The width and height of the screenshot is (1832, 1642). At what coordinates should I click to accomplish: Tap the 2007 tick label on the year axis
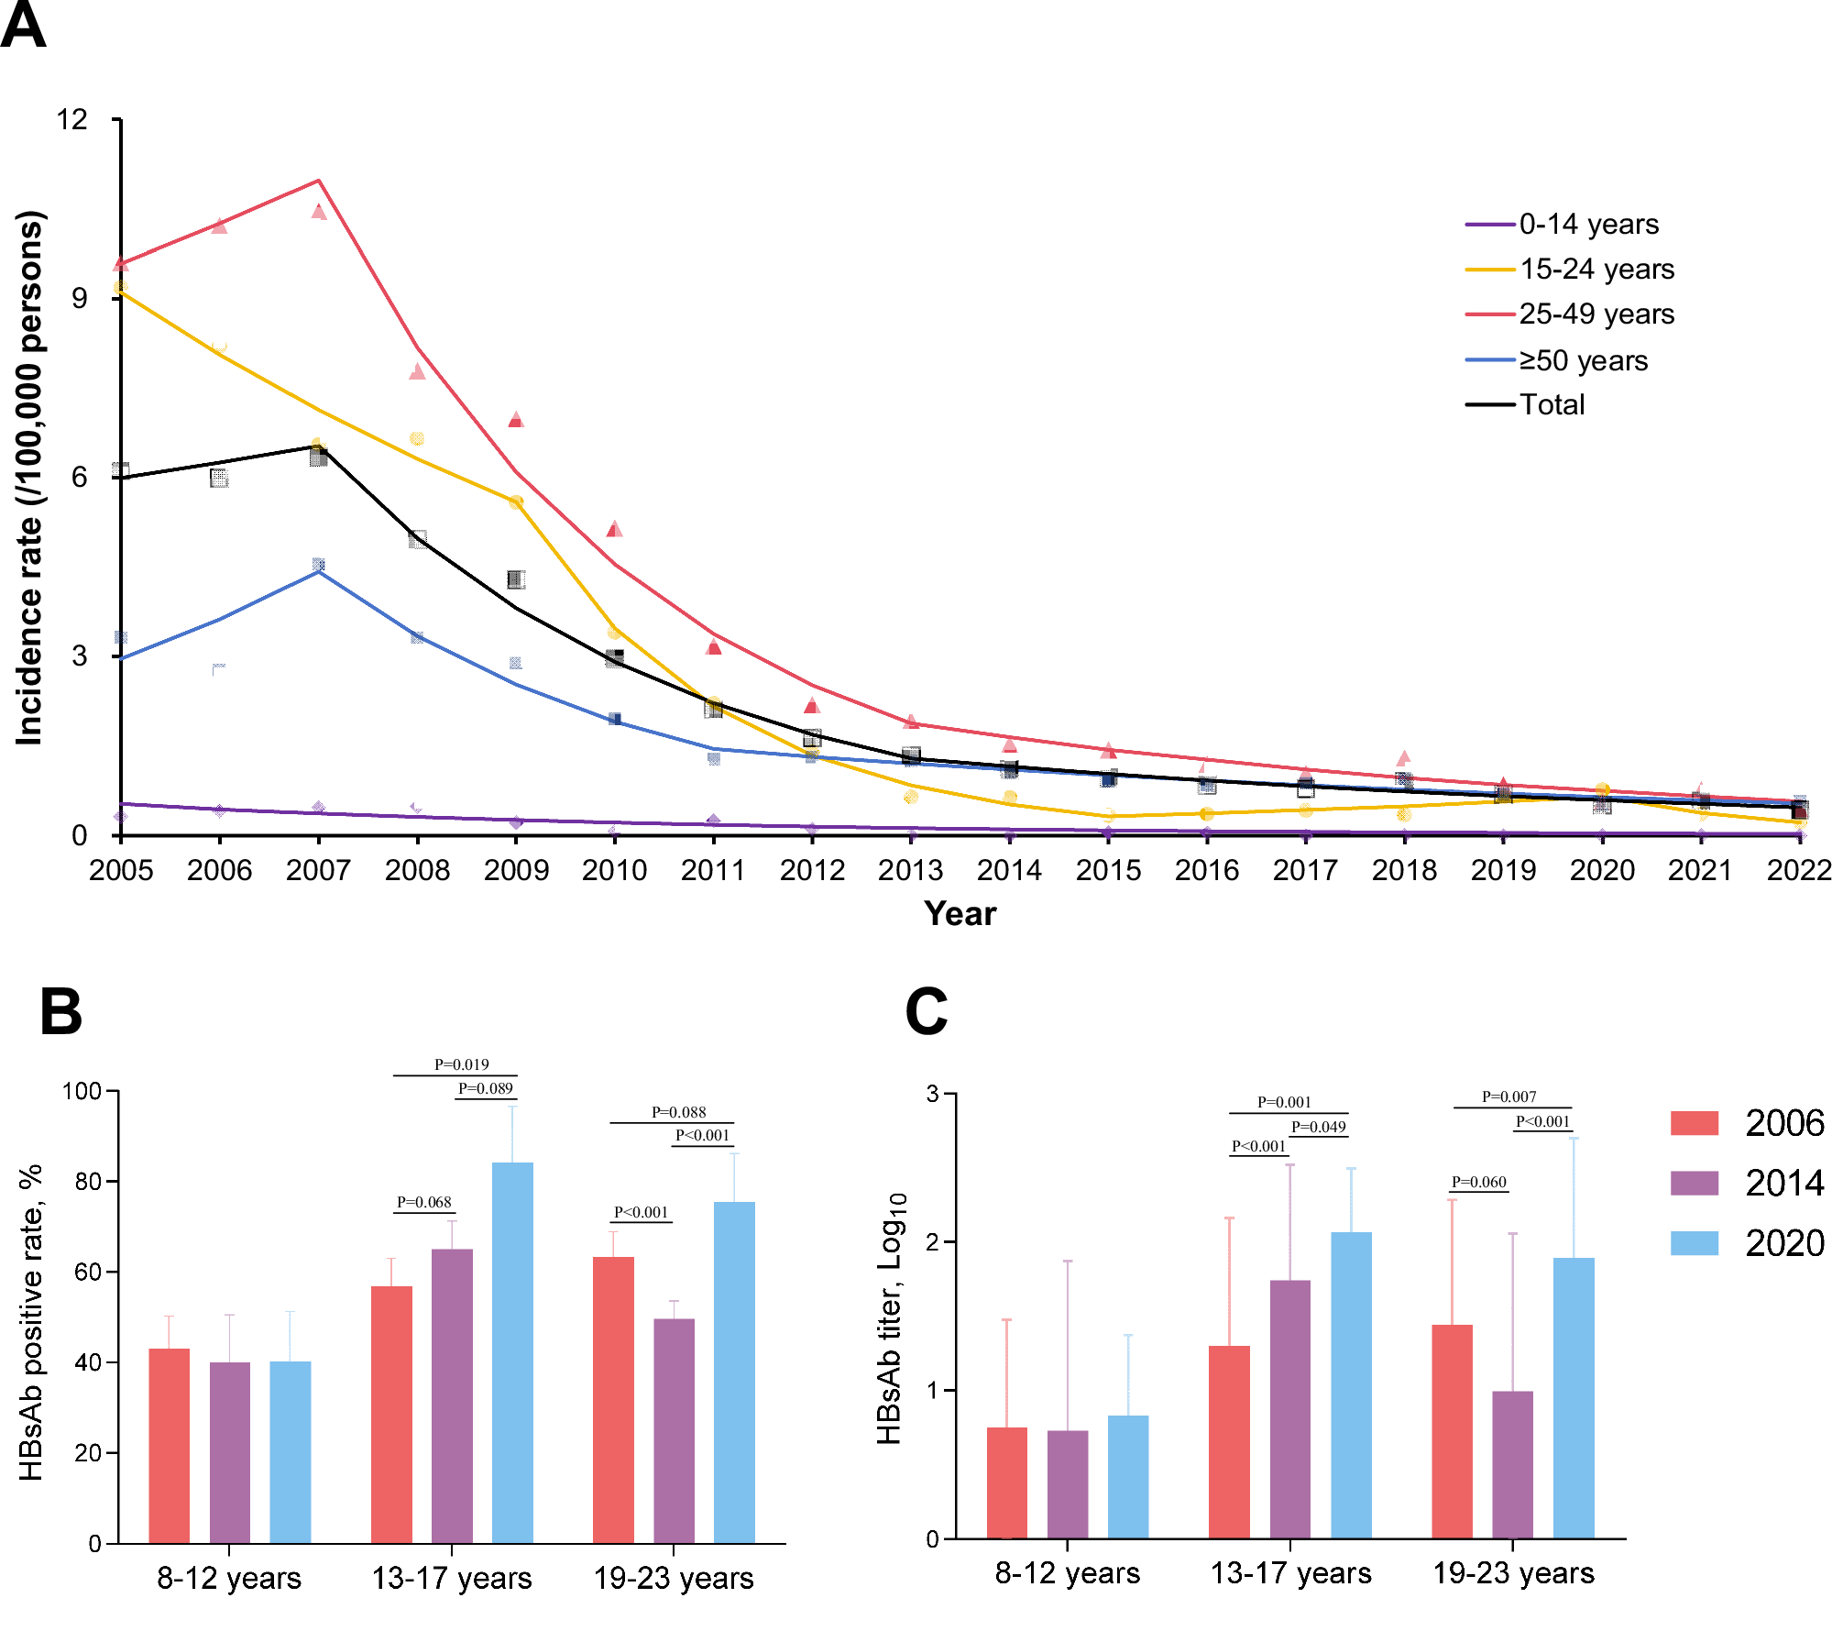pos(318,869)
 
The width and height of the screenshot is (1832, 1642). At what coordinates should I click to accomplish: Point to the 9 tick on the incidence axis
pos(80,298)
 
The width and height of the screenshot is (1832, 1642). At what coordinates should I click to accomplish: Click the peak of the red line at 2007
pos(318,181)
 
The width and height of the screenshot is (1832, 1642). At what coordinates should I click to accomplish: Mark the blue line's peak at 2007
pos(318,571)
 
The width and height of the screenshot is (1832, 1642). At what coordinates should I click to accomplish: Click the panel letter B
pos(60,1012)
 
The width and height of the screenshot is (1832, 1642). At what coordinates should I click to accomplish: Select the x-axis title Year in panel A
pos(960,913)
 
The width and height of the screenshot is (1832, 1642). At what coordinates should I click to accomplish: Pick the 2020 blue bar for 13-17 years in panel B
pos(512,1352)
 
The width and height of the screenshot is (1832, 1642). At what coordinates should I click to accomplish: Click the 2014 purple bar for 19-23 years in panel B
pos(674,1430)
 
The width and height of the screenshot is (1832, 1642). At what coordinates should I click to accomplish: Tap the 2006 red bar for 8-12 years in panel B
pos(169,1445)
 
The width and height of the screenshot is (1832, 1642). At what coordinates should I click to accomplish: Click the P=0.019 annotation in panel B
pos(461,1064)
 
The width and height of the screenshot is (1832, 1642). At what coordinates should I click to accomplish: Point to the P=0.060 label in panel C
pos(1478,1182)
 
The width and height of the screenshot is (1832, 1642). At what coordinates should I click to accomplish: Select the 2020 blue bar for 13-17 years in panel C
pos(1351,1384)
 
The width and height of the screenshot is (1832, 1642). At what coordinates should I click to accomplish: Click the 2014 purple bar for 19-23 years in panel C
pos(1512,1464)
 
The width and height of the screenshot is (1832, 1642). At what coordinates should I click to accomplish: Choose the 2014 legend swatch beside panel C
pos(1694,1183)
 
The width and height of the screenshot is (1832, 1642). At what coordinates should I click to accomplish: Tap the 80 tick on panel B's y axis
pos(88,1182)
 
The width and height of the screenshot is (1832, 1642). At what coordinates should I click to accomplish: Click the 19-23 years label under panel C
pos(1513,1573)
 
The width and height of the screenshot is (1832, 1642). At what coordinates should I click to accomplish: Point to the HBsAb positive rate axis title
pos(30,1323)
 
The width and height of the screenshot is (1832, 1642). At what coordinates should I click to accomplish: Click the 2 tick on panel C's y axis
pos(932,1242)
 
